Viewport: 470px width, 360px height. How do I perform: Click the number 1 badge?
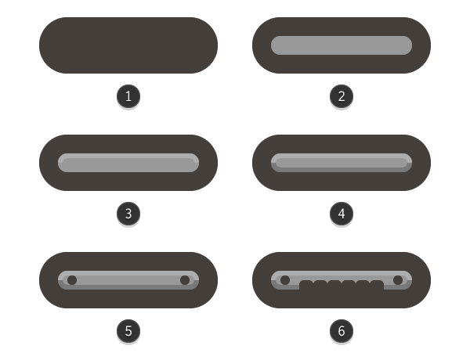click(128, 96)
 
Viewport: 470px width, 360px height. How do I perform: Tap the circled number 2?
click(342, 96)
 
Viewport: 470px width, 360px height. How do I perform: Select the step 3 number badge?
click(128, 214)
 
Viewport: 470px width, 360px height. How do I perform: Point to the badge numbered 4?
click(342, 214)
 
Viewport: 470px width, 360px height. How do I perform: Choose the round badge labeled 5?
click(128, 331)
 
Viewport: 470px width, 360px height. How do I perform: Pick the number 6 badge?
click(342, 331)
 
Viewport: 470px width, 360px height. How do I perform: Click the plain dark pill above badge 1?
click(128, 45)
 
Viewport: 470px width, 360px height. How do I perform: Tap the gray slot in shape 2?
click(342, 45)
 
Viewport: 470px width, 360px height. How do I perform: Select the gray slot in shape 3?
click(128, 163)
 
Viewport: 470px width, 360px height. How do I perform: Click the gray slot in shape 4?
click(342, 163)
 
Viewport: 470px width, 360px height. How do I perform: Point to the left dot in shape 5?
click(72, 279)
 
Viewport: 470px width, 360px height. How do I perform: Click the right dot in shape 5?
click(185, 279)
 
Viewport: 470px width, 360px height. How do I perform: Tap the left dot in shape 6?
click(285, 279)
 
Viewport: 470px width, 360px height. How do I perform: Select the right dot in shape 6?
click(398, 279)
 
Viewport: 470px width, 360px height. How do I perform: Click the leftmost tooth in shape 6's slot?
click(306, 285)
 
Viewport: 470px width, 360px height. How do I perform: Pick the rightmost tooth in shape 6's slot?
click(377, 285)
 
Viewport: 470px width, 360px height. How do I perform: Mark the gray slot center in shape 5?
click(128, 279)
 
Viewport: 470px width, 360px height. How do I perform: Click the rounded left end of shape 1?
click(52, 45)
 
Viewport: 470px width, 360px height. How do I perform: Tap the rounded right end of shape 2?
click(418, 45)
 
